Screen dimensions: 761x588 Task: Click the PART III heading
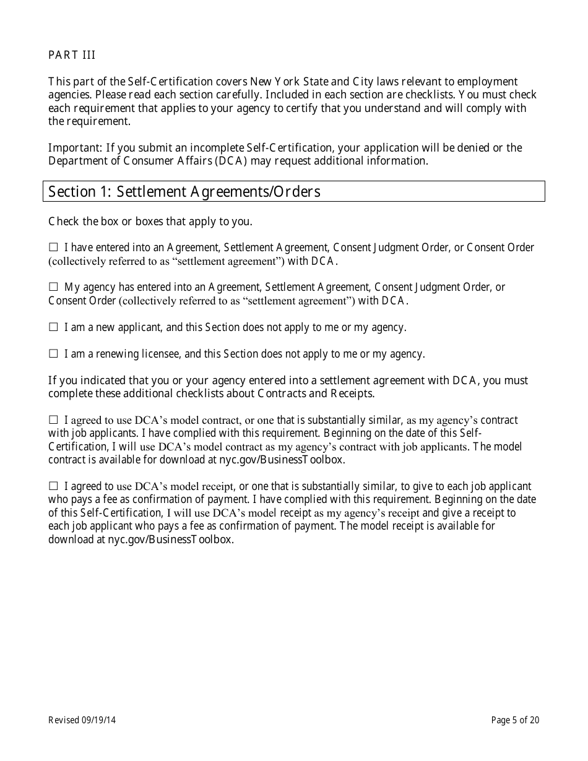click(72, 55)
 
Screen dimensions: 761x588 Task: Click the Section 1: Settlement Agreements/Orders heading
click(184, 191)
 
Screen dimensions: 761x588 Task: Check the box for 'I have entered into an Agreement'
click(53, 247)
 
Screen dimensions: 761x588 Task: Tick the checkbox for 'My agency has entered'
click(53, 287)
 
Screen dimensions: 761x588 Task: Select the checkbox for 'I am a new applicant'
click(53, 327)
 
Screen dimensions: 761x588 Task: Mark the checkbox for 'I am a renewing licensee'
click(53, 354)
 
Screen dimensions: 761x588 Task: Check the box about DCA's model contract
click(53, 420)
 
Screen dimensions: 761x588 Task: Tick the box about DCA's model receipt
click(53, 486)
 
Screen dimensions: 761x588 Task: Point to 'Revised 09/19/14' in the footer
click(82, 720)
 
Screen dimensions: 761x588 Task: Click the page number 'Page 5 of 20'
click(515, 720)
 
